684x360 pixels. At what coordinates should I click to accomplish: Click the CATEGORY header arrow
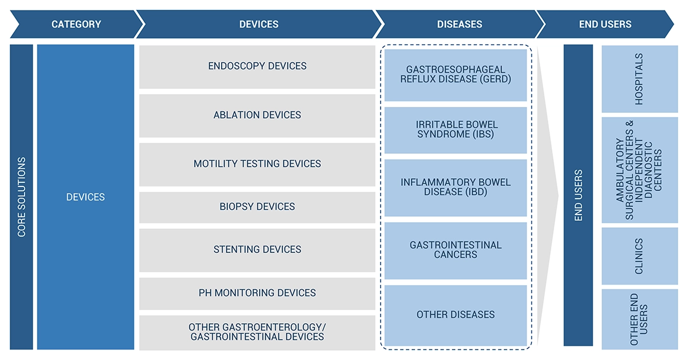pos(77,24)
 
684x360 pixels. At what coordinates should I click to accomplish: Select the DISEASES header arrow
pos(460,24)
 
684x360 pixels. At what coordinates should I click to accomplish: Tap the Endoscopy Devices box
pos(257,67)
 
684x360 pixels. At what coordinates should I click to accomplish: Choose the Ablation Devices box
pos(257,116)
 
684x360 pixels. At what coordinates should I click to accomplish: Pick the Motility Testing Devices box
pos(257,164)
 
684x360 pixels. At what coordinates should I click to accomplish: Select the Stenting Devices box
pos(257,250)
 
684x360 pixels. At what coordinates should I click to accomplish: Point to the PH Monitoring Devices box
pos(257,293)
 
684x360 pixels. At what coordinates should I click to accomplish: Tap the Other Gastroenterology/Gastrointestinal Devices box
pos(257,333)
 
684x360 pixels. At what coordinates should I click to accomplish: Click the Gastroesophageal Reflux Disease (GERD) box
pos(455,75)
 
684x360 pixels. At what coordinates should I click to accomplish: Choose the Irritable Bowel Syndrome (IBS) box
pos(455,130)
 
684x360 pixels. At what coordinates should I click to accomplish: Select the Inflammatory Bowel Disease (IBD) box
pos(455,188)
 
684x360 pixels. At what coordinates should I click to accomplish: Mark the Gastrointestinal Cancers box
pos(455,251)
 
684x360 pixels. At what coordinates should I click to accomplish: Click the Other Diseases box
pos(455,315)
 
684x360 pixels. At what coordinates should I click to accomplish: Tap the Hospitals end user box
pos(640,79)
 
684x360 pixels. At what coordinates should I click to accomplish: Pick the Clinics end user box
pos(640,256)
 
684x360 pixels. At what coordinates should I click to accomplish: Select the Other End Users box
pos(640,320)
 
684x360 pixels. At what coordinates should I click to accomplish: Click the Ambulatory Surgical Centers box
pos(640,170)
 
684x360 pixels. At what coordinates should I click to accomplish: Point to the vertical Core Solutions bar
pos(22,197)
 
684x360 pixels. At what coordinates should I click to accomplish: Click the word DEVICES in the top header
pos(258,25)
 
